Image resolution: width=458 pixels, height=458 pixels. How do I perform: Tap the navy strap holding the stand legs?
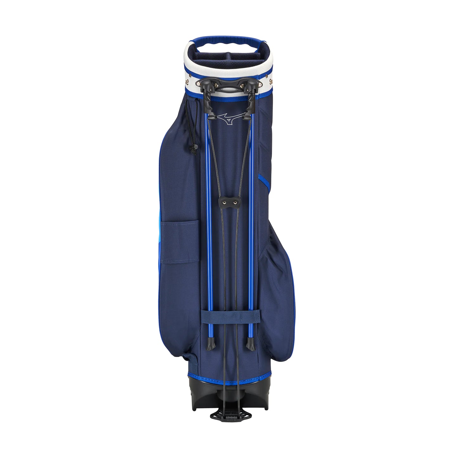pos(230,317)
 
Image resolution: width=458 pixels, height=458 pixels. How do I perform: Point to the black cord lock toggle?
pos(195,149)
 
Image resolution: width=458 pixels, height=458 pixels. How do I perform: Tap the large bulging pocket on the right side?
pos(276,285)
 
